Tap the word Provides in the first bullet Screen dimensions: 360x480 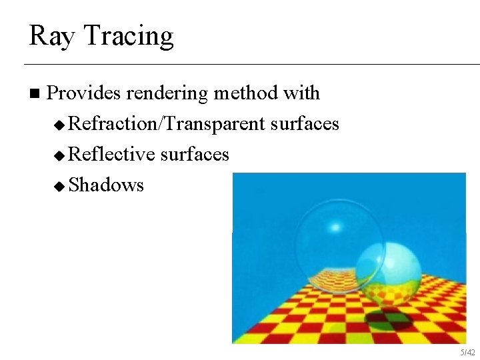coord(84,93)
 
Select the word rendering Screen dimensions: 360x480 coord(167,93)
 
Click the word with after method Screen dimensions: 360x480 coord(301,93)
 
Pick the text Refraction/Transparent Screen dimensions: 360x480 coord(167,124)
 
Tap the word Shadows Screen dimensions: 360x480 coord(106,185)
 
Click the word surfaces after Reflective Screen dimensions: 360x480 coord(195,155)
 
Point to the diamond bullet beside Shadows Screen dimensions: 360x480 coord(60,185)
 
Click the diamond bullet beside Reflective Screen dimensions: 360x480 coord(60,155)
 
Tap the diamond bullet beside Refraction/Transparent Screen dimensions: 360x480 coord(60,125)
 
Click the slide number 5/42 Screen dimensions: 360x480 coord(467,352)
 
